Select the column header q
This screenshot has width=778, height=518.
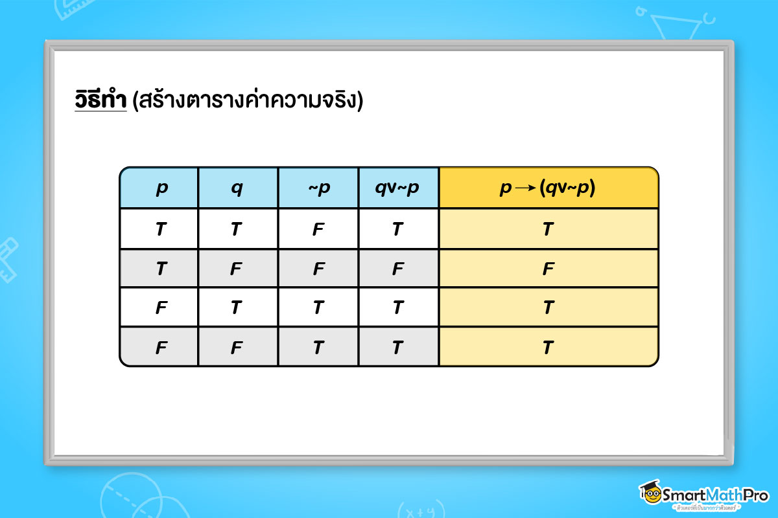click(238, 188)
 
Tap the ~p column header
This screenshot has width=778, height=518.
click(318, 188)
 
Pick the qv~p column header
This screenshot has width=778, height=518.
click(398, 188)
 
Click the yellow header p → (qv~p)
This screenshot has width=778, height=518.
click(548, 188)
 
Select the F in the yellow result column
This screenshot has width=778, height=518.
click(548, 269)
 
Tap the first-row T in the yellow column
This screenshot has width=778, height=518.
click(548, 229)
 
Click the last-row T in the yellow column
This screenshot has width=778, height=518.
click(548, 348)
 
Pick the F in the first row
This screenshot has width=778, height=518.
click(318, 229)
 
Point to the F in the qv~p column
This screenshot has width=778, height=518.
click(398, 269)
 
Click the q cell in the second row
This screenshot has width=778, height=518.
click(238, 269)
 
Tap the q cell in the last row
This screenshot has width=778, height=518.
click(238, 348)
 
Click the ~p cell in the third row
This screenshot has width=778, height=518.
click(318, 308)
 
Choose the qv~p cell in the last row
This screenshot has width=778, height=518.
click(398, 348)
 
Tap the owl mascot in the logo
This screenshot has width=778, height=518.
click(650, 494)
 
